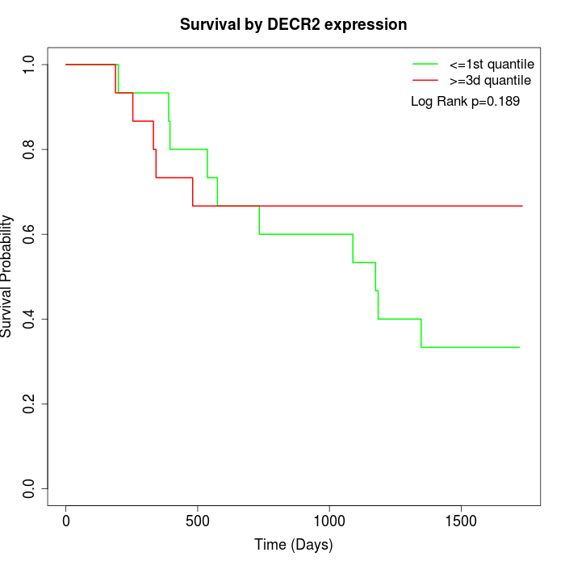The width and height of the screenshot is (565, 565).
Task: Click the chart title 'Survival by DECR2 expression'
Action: [293, 25]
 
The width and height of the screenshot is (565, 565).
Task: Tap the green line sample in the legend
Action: [425, 63]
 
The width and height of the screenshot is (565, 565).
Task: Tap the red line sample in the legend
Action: [425, 81]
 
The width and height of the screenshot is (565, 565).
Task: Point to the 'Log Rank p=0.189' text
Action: [465, 102]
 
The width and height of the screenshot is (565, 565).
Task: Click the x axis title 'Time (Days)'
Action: [293, 545]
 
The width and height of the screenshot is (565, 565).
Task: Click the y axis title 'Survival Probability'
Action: [8, 276]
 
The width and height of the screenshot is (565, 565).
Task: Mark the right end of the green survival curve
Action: [520, 347]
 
